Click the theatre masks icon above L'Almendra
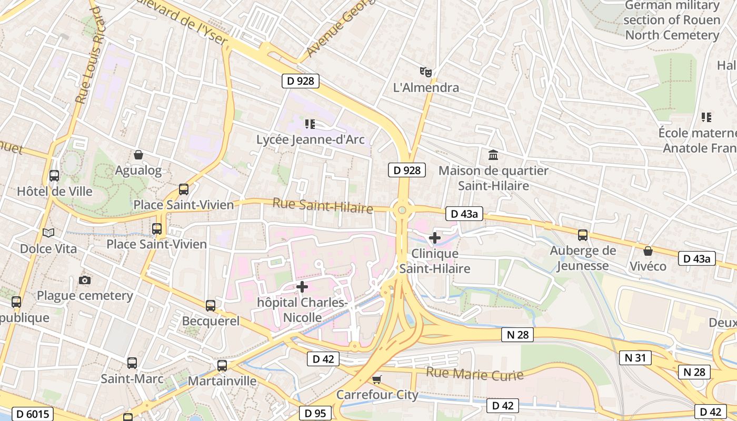425,71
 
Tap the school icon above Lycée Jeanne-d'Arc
310,124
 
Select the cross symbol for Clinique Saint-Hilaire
435,238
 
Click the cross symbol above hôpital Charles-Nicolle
302,287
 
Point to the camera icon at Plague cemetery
84,280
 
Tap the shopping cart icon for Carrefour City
376,379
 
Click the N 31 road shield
635,358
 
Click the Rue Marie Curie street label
474,374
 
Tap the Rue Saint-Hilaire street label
322,205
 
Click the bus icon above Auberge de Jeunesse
583,235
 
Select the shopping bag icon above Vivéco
648,251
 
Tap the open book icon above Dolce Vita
48,233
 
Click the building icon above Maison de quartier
493,155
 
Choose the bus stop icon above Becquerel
211,305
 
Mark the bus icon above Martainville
222,365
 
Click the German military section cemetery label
672,20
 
